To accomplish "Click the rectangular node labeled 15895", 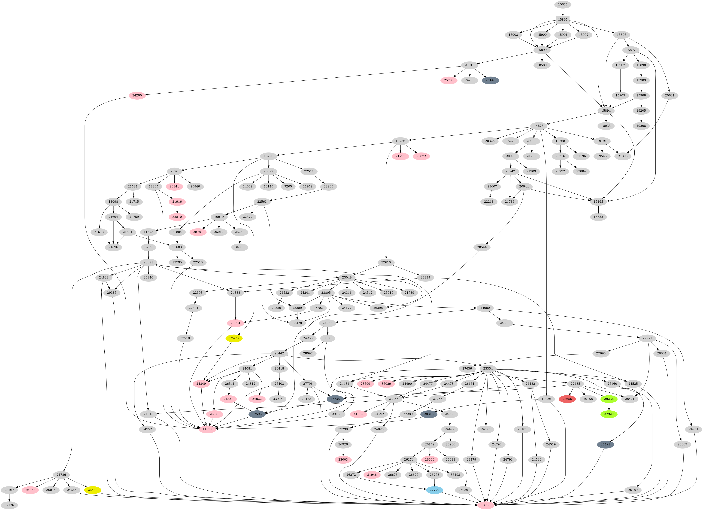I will pos(563,20).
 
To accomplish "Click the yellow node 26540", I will pos(92,490).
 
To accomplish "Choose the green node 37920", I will pos(609,414).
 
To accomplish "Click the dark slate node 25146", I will pos(490,80).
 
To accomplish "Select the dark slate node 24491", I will pos(605,444).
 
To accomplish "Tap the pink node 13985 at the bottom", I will pos(486,505).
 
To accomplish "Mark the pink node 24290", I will pos(137,95).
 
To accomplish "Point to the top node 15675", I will pos(563,4).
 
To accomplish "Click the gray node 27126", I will pos(9,505).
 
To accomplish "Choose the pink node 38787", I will pos(198,232).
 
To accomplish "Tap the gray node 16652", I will pos(598,217).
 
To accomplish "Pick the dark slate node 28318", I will pos(429,414).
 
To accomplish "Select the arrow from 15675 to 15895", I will pos(563,12).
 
